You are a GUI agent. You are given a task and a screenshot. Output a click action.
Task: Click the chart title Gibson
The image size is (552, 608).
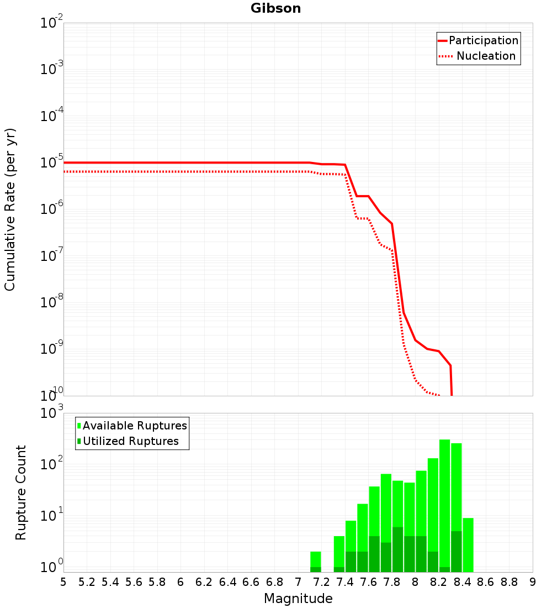tap(275, 8)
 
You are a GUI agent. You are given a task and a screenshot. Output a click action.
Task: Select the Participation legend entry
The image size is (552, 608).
tap(478, 40)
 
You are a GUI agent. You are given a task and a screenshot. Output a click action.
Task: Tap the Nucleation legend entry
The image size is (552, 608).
tap(478, 56)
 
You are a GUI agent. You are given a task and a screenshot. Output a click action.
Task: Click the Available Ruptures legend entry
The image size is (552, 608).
tap(132, 426)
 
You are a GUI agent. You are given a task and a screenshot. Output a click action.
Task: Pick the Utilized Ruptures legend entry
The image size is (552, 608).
tap(128, 441)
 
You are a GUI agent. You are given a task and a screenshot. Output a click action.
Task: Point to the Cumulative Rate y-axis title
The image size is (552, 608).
tap(10, 209)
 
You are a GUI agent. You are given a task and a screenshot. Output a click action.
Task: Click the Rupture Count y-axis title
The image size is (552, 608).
tap(20, 492)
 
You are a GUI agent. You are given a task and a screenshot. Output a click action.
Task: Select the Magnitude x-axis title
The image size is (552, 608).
tap(298, 598)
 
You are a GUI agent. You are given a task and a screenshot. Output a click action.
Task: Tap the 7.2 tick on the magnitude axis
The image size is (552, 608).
tap(321, 582)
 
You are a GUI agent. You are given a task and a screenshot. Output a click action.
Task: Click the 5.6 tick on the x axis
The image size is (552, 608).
tap(134, 582)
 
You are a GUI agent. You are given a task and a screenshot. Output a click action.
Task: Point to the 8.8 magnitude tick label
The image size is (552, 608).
tap(509, 582)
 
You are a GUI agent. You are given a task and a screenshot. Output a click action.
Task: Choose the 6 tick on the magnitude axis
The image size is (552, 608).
tap(181, 582)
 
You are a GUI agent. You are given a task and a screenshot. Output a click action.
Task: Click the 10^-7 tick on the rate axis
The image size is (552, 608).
tap(51, 255)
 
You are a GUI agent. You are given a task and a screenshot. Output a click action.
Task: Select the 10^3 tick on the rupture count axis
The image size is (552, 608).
tap(51, 412)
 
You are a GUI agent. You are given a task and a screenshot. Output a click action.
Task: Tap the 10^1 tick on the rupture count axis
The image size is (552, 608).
tap(51, 515)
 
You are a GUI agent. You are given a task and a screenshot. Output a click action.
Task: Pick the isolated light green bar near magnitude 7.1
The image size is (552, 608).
tap(316, 562)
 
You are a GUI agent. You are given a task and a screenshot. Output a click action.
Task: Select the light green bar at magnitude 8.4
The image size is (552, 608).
tap(468, 545)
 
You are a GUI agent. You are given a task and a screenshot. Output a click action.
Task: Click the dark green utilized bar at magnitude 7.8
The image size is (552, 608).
tap(398, 549)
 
